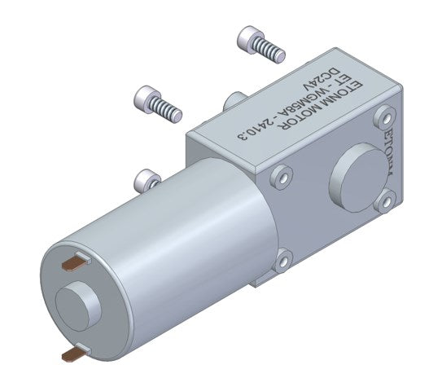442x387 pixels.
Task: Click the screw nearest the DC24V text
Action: point(260,44)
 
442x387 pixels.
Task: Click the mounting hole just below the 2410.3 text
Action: point(282,174)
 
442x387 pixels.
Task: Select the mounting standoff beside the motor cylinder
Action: point(146,178)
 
